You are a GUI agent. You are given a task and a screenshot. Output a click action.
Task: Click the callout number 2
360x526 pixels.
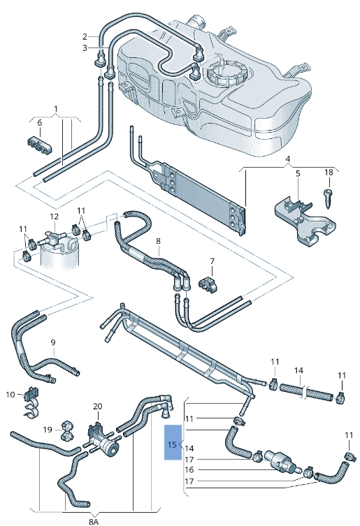point(85,36)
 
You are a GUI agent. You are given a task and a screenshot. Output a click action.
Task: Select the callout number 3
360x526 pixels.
point(85,48)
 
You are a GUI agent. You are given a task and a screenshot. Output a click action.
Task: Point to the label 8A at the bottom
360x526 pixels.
point(94,520)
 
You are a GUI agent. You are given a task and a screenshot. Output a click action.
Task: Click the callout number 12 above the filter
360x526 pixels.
point(55,217)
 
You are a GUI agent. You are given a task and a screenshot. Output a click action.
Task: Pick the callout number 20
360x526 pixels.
point(97,406)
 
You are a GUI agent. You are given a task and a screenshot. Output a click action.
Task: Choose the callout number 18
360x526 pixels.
point(329,172)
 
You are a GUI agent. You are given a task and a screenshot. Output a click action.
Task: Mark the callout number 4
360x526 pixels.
point(287,158)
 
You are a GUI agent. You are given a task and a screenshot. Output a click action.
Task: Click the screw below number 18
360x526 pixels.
point(329,193)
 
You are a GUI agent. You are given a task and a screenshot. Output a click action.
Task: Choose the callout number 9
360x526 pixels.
point(52,343)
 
